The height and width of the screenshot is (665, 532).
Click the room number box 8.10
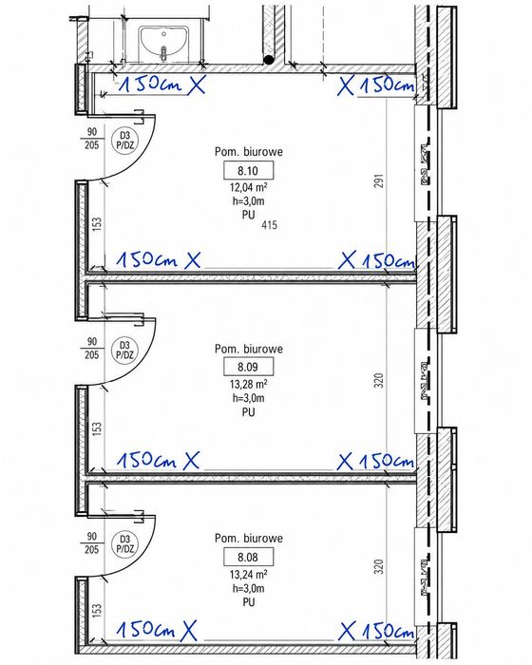pos(248,171)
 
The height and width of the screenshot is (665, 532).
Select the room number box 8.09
pos(248,367)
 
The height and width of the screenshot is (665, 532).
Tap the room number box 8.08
pos(248,557)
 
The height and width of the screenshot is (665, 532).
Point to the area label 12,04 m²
pos(249,187)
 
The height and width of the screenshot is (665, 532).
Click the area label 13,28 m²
pos(249,384)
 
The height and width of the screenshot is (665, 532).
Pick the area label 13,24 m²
pos(249,574)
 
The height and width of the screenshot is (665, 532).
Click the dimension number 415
pos(270,225)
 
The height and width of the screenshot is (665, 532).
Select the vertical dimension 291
pos(379,180)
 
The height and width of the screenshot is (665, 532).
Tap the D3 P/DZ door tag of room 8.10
pos(124,140)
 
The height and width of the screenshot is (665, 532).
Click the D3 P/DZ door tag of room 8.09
pos(124,350)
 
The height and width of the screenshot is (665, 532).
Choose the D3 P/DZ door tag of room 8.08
pos(124,544)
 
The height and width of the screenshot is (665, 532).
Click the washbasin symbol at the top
pos(163,43)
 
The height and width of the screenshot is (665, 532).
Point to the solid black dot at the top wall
pos(269,59)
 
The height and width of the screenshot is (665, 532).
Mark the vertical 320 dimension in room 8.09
pos(379,380)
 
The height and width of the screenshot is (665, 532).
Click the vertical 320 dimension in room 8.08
pos(379,566)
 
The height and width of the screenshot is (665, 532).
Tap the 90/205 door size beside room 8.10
pos(91,139)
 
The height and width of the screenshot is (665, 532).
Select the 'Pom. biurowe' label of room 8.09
pos(249,349)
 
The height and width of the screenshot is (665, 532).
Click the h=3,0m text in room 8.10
pos(249,201)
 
